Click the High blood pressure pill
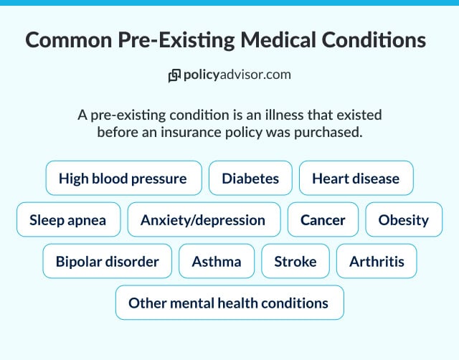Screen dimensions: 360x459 pyautogui.click(x=123, y=178)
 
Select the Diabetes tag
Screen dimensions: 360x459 pyautogui.click(x=250, y=178)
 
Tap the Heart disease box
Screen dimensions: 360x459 pyautogui.click(x=356, y=178)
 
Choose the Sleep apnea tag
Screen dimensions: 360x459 pyautogui.click(x=67, y=220)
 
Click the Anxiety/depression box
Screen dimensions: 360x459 pyautogui.click(x=203, y=220)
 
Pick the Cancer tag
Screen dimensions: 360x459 pyautogui.click(x=323, y=220)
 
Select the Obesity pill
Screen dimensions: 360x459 pyautogui.click(x=404, y=220)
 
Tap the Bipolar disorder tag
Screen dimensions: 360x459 pyautogui.click(x=108, y=261)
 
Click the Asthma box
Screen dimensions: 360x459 pyautogui.click(x=217, y=261)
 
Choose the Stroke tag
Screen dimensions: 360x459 pyautogui.click(x=295, y=261)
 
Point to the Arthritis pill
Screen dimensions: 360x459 pyautogui.click(x=377, y=261)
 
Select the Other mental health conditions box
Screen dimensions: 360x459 pyautogui.click(x=229, y=303)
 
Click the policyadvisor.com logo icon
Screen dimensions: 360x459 pyautogui.click(x=174, y=75)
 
